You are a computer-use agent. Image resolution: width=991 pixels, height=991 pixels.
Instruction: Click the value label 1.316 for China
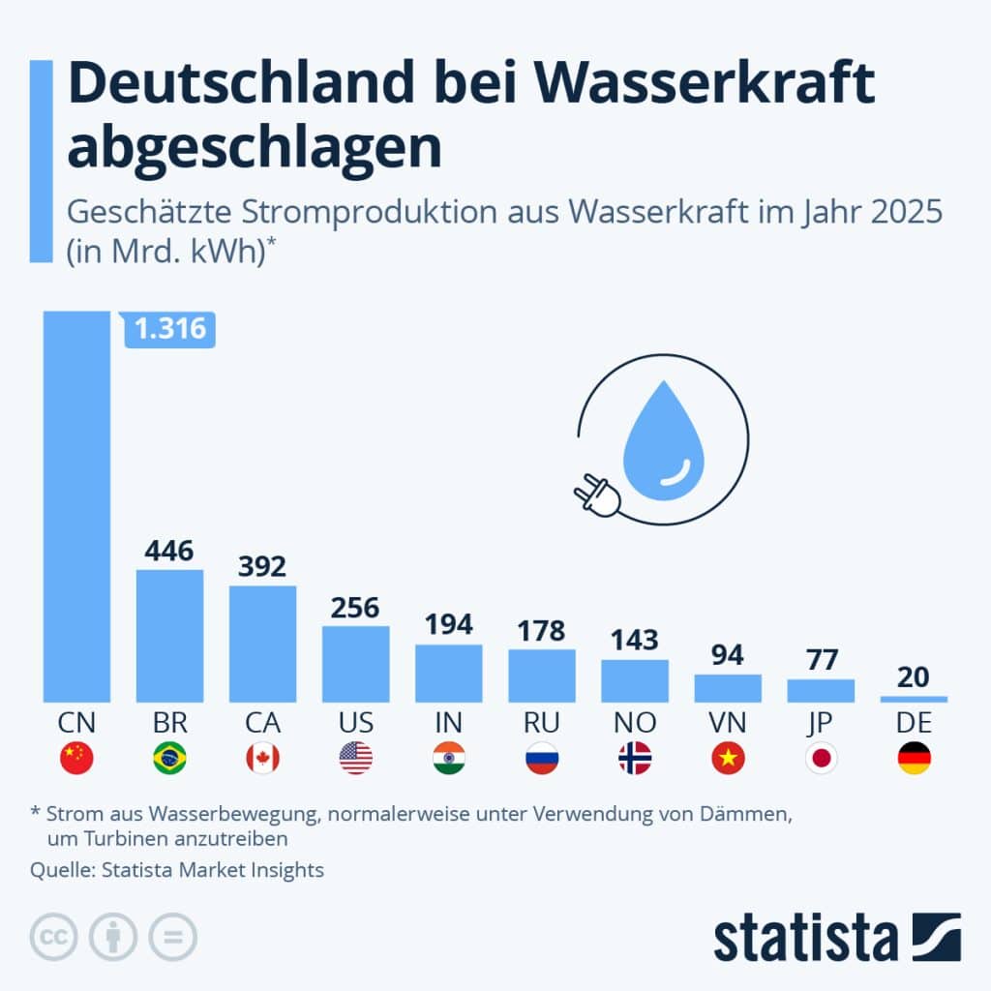[170, 329]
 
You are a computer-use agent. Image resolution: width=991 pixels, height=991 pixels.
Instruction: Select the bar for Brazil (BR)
[169, 636]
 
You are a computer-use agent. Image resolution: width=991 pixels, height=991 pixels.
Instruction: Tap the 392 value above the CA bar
[262, 566]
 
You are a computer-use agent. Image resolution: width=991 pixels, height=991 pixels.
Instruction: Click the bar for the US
[355, 664]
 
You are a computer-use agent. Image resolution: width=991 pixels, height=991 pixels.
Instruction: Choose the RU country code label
[541, 723]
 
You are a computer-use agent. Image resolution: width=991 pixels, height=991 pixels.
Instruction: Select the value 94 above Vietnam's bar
[728, 655]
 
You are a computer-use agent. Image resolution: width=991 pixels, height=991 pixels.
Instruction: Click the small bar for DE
[914, 698]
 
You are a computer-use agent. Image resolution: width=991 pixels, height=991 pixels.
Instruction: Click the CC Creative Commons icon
[54, 936]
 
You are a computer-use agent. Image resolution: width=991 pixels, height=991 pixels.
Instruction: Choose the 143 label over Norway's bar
[634, 640]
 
